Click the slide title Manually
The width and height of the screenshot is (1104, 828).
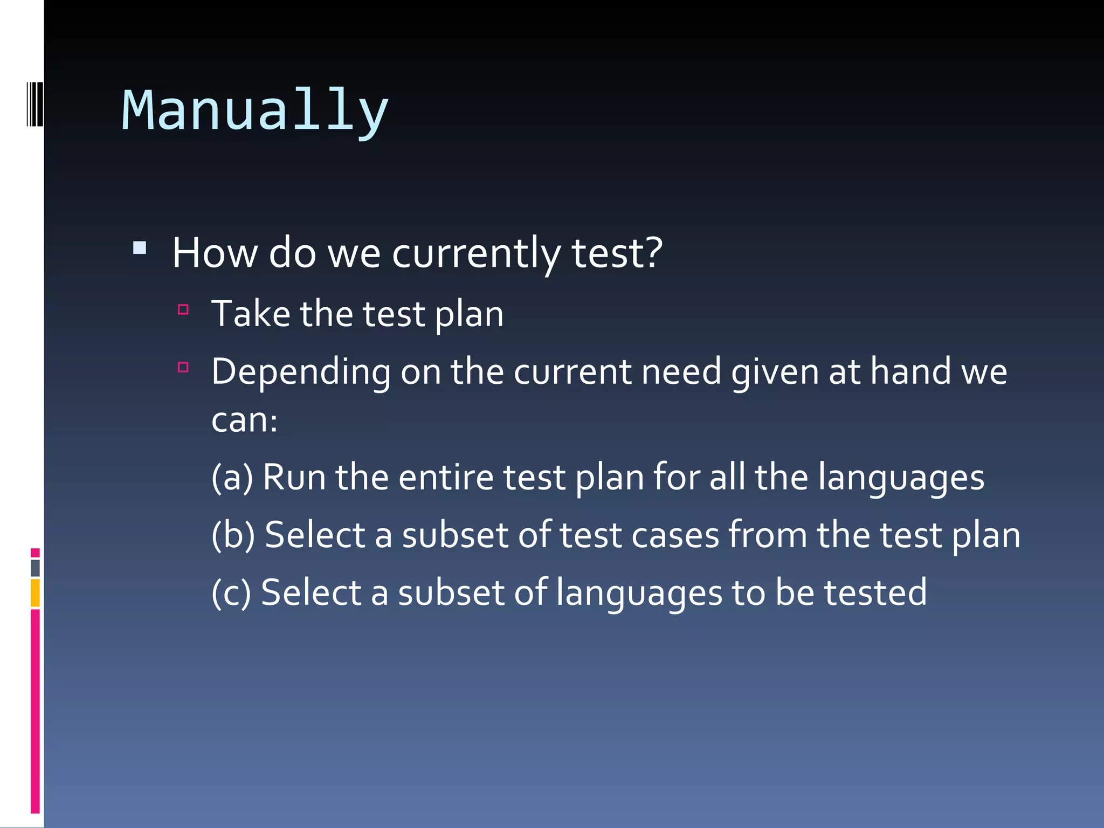255,111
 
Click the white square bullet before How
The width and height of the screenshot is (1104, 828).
140,248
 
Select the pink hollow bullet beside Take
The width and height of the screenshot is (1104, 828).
183,309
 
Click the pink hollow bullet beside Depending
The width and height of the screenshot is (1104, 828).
183,368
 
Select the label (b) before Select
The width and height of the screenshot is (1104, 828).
233,535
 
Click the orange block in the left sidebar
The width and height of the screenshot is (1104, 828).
36,593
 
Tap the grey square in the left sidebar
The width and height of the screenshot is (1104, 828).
36,568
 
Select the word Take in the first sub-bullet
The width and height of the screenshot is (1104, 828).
251,314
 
